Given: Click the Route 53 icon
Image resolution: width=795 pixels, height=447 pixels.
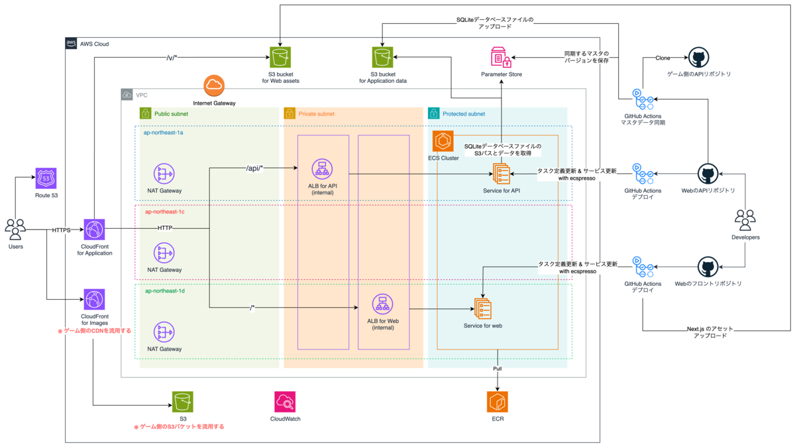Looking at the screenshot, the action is point(46,178).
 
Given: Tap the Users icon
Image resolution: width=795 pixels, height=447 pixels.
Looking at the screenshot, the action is point(15,229).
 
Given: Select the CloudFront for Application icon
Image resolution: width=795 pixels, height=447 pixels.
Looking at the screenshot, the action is point(94,229).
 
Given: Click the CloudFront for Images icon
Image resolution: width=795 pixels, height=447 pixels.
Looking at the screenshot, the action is point(94,299).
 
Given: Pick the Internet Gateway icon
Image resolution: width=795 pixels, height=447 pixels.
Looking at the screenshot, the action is point(214,86).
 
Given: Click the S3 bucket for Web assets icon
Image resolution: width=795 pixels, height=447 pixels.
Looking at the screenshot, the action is point(280,57).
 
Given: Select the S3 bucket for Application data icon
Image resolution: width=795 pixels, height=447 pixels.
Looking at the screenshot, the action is point(383,57).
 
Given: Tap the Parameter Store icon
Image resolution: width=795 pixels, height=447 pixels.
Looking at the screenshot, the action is point(501,57).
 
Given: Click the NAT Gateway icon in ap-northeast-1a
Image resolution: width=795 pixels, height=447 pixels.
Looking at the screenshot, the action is point(164,174).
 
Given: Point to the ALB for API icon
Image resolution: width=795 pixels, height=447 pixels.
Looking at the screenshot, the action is point(322,168).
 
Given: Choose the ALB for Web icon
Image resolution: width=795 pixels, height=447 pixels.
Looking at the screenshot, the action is point(383,304).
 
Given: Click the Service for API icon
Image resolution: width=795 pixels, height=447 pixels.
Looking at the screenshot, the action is point(502,174).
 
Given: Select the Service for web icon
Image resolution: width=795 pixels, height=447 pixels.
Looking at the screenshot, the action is point(483,308).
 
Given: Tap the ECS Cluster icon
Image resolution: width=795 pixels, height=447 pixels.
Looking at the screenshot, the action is point(443,141).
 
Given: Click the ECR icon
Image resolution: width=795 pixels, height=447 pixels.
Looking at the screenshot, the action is point(498,402).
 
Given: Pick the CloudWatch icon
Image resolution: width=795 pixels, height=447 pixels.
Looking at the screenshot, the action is point(285,402).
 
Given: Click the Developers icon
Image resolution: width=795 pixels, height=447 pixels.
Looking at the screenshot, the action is point(745,220).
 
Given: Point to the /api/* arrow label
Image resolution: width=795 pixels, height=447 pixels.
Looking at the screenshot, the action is point(254,168).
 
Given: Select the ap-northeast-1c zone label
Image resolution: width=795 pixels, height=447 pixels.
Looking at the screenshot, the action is point(165,212).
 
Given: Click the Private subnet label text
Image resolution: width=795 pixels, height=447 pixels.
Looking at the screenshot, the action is point(316,114).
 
